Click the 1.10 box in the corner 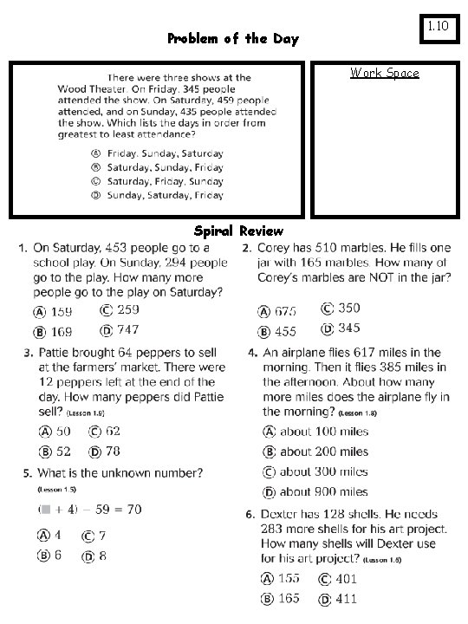click(x=437, y=27)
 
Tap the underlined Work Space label click(x=384, y=73)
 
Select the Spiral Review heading click(x=238, y=231)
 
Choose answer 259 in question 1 click(x=127, y=310)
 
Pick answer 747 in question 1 click(x=127, y=330)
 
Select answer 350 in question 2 click(x=348, y=309)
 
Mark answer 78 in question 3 click(x=113, y=452)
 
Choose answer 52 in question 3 click(x=63, y=452)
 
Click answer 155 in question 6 click(x=289, y=579)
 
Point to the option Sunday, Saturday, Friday click(x=165, y=195)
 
